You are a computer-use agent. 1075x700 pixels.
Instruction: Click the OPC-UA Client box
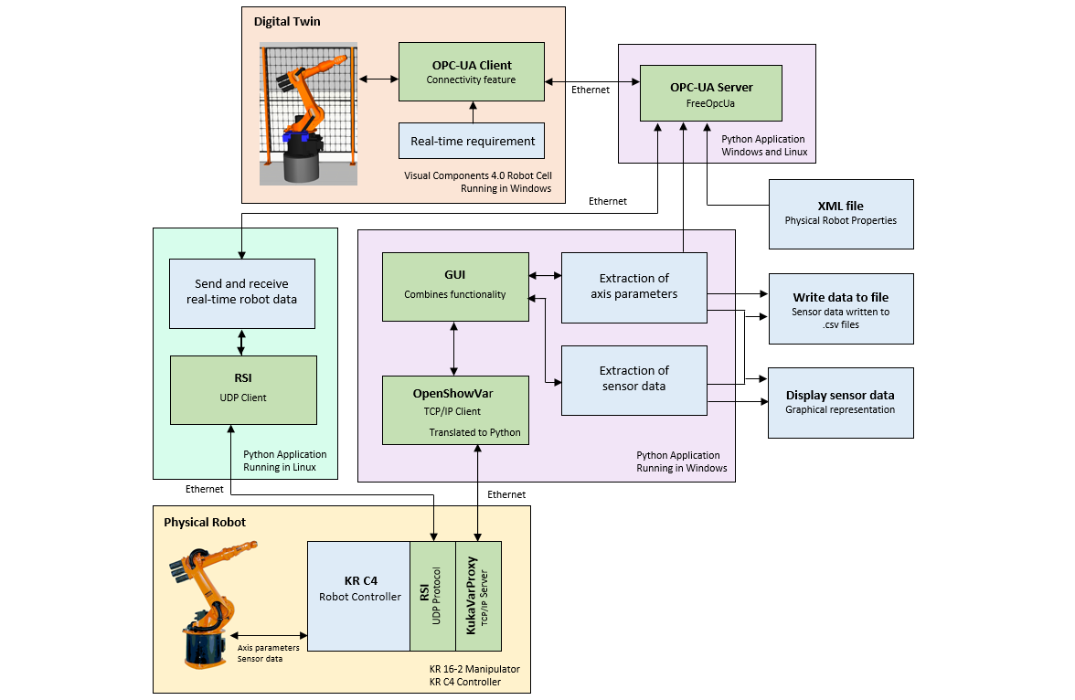click(x=472, y=72)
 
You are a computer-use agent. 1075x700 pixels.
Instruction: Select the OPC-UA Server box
click(x=711, y=94)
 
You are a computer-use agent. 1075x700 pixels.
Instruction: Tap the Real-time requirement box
click(x=472, y=141)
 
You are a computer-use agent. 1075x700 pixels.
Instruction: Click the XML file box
click(x=840, y=214)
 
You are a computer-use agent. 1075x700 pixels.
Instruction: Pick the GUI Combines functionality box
click(x=455, y=287)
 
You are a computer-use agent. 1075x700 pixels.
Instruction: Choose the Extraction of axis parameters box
click(x=633, y=287)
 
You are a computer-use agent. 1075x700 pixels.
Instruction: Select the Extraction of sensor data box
click(x=633, y=378)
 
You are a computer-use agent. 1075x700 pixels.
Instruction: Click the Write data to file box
click(x=840, y=309)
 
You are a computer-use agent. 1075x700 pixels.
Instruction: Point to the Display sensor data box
click(x=840, y=402)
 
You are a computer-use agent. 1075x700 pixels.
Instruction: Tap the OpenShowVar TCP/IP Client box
click(x=455, y=410)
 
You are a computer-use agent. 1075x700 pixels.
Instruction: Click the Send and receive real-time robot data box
click(x=241, y=292)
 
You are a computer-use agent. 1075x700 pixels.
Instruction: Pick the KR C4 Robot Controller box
click(x=359, y=596)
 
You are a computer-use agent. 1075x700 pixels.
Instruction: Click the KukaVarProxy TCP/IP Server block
click(x=479, y=596)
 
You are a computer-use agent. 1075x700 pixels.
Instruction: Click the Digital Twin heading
click(x=287, y=21)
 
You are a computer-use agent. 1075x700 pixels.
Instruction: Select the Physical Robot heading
click(x=205, y=522)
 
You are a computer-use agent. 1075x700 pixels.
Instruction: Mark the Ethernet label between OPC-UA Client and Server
click(x=591, y=90)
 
